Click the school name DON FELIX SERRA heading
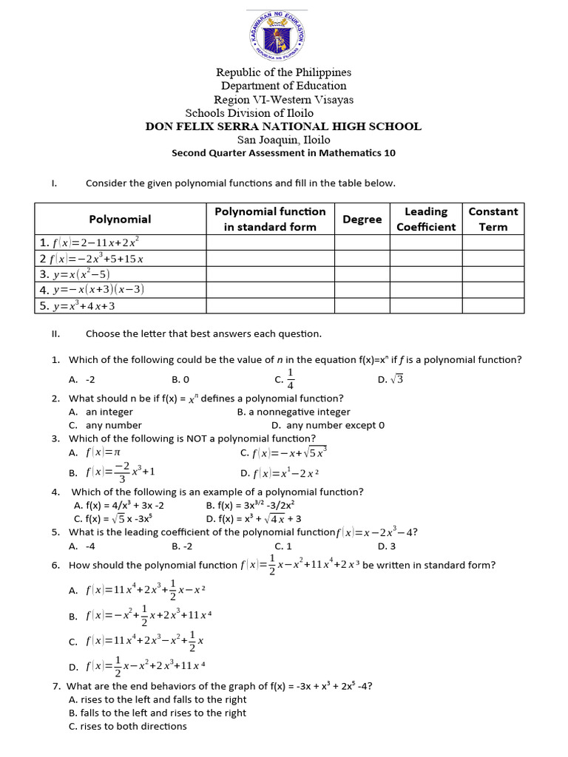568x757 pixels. [x=283, y=126]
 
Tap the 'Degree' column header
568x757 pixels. [x=362, y=219]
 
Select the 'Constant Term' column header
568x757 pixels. [x=493, y=219]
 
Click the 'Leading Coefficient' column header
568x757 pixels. [x=426, y=219]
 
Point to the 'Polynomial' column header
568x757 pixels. [x=120, y=219]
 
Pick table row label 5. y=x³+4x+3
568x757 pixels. [x=77, y=305]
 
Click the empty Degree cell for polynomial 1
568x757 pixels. [x=362, y=242]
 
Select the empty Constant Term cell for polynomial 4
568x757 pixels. [x=493, y=289]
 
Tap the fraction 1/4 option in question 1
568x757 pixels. [x=285, y=378]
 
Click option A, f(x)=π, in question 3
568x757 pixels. [x=94, y=452]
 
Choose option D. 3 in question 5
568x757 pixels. [x=387, y=546]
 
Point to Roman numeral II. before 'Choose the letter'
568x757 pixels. [x=55, y=333]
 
